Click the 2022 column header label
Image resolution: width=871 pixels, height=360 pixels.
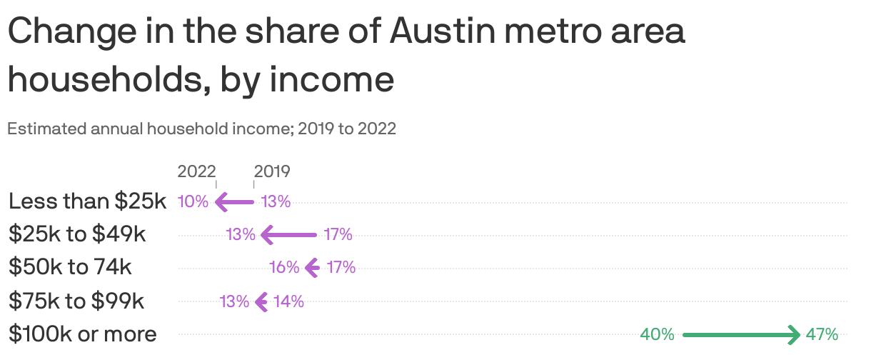pyautogui.click(x=196, y=171)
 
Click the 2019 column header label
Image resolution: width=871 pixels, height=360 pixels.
pyautogui.click(x=272, y=171)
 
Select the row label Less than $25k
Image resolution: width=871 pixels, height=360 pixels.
pyautogui.click(x=87, y=201)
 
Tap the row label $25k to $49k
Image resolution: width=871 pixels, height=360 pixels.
pyautogui.click(x=77, y=234)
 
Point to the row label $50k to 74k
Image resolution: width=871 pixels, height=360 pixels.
pyautogui.click(x=70, y=267)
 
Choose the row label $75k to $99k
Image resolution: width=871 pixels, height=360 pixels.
pyautogui.click(x=76, y=301)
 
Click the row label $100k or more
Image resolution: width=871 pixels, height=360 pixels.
pyautogui.click(x=83, y=334)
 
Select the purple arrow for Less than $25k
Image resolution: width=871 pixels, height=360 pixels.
pyautogui.click(x=234, y=202)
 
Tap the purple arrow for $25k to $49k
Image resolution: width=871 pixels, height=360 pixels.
pyautogui.click(x=288, y=234)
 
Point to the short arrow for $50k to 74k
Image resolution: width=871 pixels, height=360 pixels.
pyautogui.click(x=312, y=268)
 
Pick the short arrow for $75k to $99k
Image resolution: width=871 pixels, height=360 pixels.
pyautogui.click(x=261, y=301)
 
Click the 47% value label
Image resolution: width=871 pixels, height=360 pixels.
pyautogui.click(x=822, y=334)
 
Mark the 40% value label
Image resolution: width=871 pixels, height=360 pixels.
pyautogui.click(x=657, y=334)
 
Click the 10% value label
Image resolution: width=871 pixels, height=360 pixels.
pyautogui.click(x=193, y=202)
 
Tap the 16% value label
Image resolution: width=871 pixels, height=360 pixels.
pyautogui.click(x=284, y=268)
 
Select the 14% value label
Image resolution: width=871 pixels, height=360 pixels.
pyautogui.click(x=288, y=301)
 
